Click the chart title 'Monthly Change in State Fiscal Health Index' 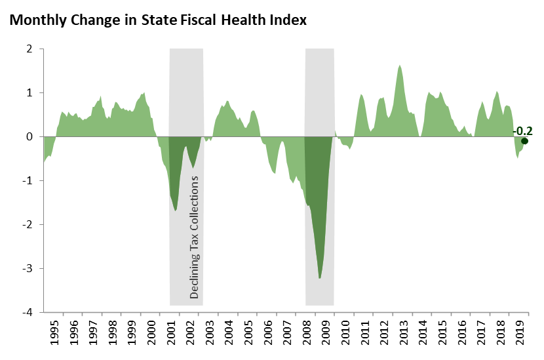[158, 20]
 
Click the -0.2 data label [522, 131]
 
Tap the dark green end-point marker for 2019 [524, 141]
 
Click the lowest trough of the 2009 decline [319, 278]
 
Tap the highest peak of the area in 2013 [399, 66]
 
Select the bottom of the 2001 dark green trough [176, 210]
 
